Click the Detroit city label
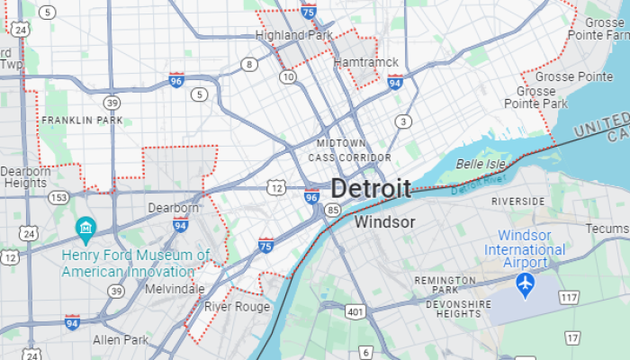[x=371, y=188]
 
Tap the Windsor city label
[x=384, y=221]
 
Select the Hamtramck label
[x=365, y=62]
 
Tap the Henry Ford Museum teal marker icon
[x=85, y=228]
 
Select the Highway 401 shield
[x=355, y=311]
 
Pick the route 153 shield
[x=58, y=197]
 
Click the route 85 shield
[x=333, y=210]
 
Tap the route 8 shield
[x=248, y=64]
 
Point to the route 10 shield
[x=287, y=77]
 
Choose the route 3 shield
[x=404, y=121]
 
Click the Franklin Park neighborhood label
[x=82, y=120]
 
